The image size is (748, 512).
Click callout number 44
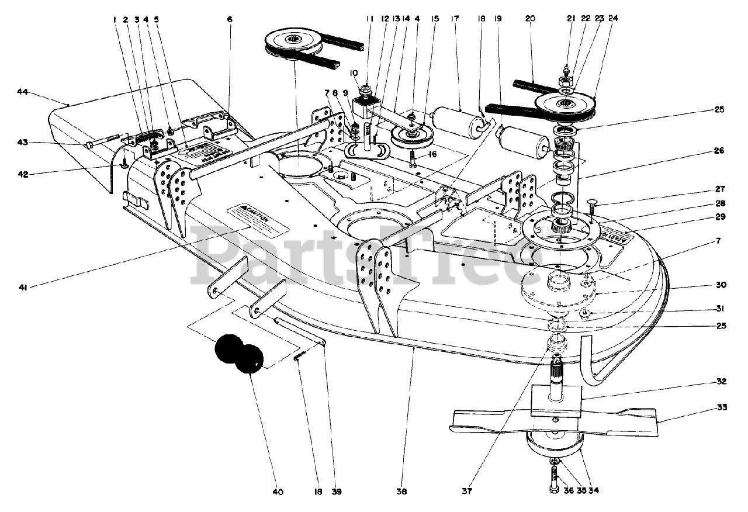click(x=22, y=92)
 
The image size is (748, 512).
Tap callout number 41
click(x=23, y=287)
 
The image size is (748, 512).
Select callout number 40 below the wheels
click(x=278, y=492)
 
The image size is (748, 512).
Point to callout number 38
click(x=419, y=492)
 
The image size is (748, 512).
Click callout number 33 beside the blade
click(x=722, y=407)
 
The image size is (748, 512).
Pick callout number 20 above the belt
click(x=530, y=18)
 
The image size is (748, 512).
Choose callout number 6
click(x=230, y=19)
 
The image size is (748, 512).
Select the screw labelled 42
click(x=124, y=166)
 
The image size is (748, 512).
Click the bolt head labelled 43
click(x=89, y=143)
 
